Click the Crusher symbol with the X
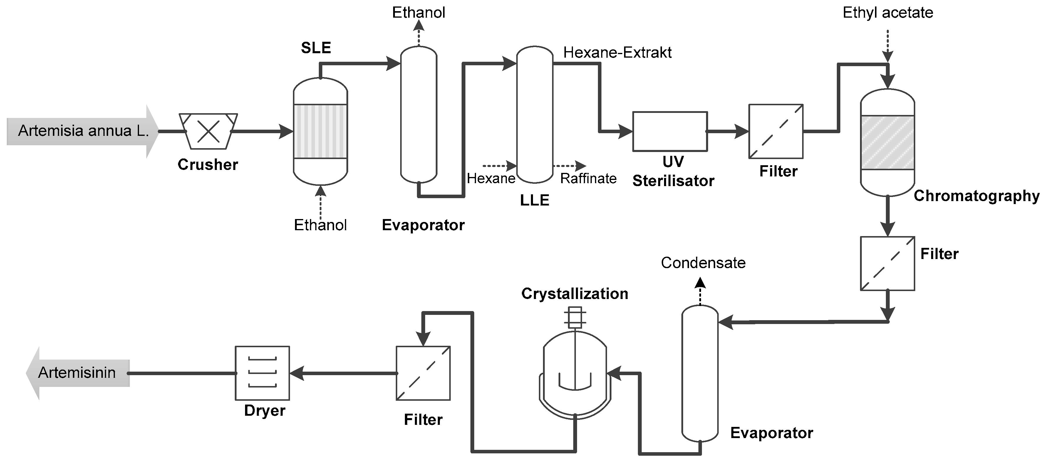pyautogui.click(x=208, y=131)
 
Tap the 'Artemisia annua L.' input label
pyautogui.click(x=83, y=131)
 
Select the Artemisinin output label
pyautogui.click(x=77, y=373)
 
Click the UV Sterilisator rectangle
pyautogui.click(x=670, y=131)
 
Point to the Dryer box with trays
pyautogui.click(x=262, y=373)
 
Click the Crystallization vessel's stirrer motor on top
pyautogui.click(x=575, y=317)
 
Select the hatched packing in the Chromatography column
pyautogui.click(x=888, y=142)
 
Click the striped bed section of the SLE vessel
pyautogui.click(x=320, y=131)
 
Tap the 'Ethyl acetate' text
pyautogui.click(x=888, y=13)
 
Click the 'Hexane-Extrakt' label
pyautogui.click(x=617, y=52)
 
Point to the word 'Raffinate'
pyautogui.click(x=588, y=178)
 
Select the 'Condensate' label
pyautogui.click(x=703, y=263)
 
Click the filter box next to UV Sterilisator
pyautogui.click(x=776, y=131)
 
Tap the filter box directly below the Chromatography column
pyautogui.click(x=888, y=263)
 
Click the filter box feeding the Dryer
pyautogui.click(x=423, y=373)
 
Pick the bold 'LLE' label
pyautogui.click(x=534, y=200)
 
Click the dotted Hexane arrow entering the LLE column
pyautogui.click(x=499, y=166)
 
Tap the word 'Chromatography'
pyautogui.click(x=976, y=196)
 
